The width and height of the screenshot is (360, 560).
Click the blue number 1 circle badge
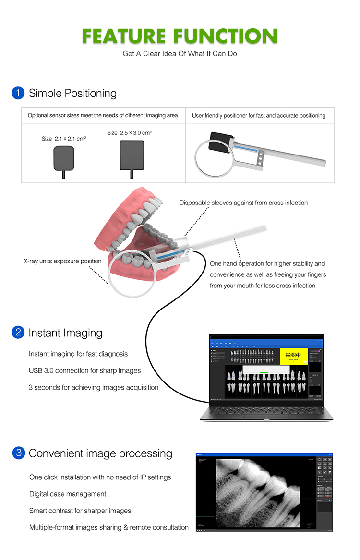(x=18, y=93)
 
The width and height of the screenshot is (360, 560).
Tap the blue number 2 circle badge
(x=18, y=333)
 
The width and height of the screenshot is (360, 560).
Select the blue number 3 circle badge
(x=18, y=453)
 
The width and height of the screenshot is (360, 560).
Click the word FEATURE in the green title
(x=124, y=36)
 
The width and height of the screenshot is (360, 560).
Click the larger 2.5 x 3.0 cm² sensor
(x=132, y=155)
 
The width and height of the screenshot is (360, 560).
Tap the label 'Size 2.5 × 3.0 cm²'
(x=129, y=133)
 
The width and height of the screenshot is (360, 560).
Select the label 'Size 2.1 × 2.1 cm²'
(x=63, y=139)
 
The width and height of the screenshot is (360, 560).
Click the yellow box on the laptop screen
(x=293, y=356)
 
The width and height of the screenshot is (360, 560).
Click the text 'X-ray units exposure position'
(x=62, y=262)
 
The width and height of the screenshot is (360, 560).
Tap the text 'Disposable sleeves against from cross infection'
(x=243, y=203)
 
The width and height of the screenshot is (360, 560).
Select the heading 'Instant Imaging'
(x=65, y=333)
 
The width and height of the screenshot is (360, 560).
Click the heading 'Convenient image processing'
(x=100, y=453)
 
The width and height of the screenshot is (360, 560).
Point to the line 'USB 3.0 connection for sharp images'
(x=84, y=370)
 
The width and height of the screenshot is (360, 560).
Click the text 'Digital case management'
(x=68, y=494)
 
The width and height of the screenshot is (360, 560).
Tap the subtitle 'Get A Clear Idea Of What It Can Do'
(x=180, y=54)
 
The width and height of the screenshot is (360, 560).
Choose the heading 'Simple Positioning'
(x=72, y=93)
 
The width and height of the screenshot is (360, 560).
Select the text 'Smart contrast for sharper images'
(x=80, y=511)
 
